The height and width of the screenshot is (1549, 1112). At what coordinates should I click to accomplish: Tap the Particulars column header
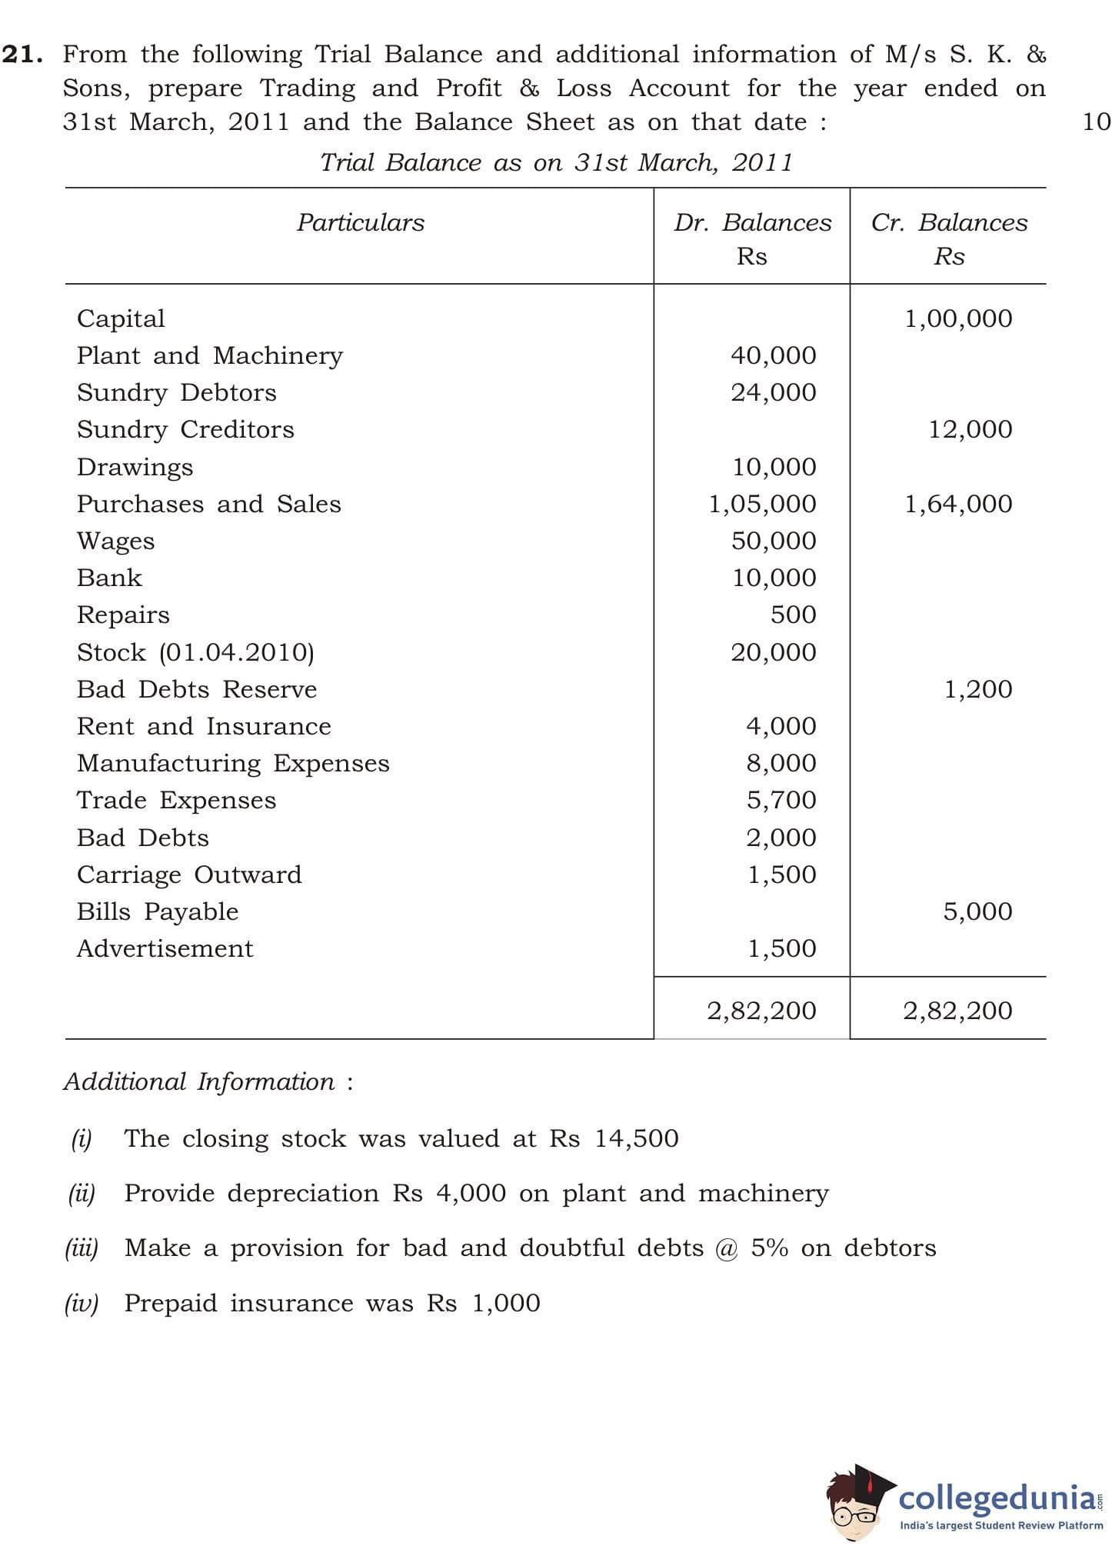click(x=361, y=223)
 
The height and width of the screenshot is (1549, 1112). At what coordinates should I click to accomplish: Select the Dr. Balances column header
click(x=752, y=223)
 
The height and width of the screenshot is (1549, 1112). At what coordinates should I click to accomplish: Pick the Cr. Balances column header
click(x=949, y=223)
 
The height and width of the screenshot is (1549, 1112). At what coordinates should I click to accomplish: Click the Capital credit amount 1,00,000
click(x=958, y=319)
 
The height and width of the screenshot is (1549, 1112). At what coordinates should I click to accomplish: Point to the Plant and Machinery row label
click(x=210, y=356)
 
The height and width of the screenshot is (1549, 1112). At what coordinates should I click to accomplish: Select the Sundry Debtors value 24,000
click(x=773, y=393)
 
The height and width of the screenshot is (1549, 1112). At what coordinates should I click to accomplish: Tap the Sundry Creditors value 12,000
click(x=970, y=430)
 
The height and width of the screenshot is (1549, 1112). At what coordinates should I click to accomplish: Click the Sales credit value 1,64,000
click(x=958, y=505)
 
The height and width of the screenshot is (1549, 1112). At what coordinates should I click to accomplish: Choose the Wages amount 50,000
click(x=773, y=541)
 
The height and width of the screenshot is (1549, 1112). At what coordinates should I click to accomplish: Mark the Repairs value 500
click(x=793, y=615)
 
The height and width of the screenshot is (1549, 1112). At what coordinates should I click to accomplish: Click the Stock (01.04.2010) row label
click(x=195, y=653)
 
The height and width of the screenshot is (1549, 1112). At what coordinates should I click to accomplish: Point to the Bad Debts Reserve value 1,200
click(x=977, y=690)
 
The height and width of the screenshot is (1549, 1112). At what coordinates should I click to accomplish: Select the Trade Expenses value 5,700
click(x=781, y=801)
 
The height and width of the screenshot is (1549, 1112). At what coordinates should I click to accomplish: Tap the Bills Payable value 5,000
click(x=977, y=912)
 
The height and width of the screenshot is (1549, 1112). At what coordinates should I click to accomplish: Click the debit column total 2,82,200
click(x=761, y=1011)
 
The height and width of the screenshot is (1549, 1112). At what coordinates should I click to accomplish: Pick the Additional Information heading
click(x=199, y=1082)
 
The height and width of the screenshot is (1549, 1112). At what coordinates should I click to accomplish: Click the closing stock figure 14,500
click(x=636, y=1139)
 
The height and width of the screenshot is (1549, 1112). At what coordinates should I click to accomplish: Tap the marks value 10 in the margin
click(x=1096, y=122)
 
